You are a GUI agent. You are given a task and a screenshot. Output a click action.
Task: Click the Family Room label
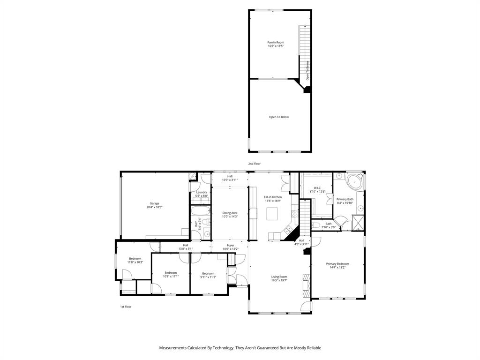point(276,44)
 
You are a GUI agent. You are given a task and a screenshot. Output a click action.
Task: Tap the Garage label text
point(154,205)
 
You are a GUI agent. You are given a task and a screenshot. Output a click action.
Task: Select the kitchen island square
point(273,214)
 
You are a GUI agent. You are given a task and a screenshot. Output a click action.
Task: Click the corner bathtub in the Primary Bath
point(355,181)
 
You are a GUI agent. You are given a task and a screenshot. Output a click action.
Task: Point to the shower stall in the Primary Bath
point(358,222)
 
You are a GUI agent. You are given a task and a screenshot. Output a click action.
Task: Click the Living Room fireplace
point(307,285)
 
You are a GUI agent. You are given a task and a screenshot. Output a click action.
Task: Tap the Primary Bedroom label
point(337,266)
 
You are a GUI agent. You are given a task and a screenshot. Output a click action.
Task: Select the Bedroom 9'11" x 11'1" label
point(208,275)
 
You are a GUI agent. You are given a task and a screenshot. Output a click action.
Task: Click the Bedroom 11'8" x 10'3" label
point(135,260)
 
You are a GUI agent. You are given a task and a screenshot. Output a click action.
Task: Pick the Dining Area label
point(230,215)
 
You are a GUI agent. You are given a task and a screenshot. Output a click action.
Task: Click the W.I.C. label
point(317,190)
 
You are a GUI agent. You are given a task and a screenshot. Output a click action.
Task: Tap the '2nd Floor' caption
point(254,164)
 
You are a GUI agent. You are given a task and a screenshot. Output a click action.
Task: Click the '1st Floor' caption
point(126,307)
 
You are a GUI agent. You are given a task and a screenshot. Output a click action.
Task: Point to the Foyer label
point(230,247)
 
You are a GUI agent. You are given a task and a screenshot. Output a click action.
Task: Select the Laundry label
point(202,194)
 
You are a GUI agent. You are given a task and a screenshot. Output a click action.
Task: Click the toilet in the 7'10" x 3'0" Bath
point(316,226)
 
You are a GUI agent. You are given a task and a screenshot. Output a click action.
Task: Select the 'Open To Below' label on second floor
point(278,117)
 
